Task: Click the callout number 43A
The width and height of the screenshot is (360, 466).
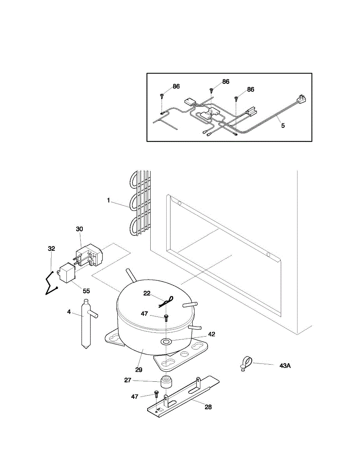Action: click(285, 365)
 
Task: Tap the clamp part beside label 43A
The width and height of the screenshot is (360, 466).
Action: click(245, 363)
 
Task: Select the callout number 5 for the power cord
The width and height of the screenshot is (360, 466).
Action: click(283, 125)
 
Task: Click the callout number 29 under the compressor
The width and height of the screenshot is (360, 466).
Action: click(139, 369)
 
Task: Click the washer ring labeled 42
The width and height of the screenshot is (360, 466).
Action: click(167, 342)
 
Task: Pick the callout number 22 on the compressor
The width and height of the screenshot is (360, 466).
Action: click(147, 294)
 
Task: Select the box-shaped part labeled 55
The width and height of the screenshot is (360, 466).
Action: click(66, 272)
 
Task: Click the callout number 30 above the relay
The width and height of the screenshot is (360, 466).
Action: click(79, 229)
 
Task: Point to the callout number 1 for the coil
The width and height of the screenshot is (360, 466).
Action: click(109, 200)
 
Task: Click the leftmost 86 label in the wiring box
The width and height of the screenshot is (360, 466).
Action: click(176, 86)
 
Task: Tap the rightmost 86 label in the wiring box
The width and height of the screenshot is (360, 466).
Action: click(250, 89)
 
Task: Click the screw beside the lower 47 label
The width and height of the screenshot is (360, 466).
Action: click(157, 394)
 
